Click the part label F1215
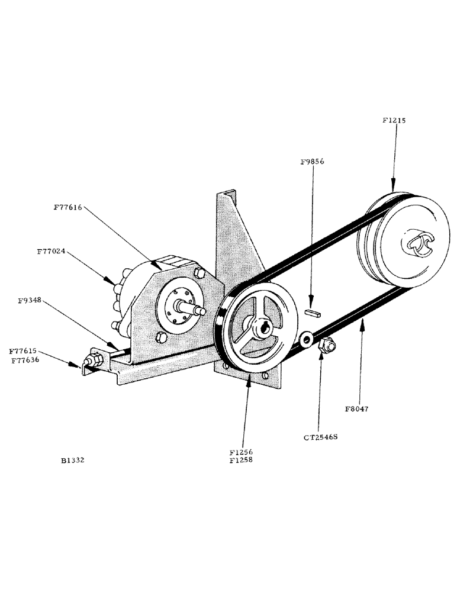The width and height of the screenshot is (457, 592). coord(394,120)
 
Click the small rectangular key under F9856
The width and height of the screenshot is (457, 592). coord(312,311)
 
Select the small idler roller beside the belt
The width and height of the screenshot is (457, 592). coord(307,339)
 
